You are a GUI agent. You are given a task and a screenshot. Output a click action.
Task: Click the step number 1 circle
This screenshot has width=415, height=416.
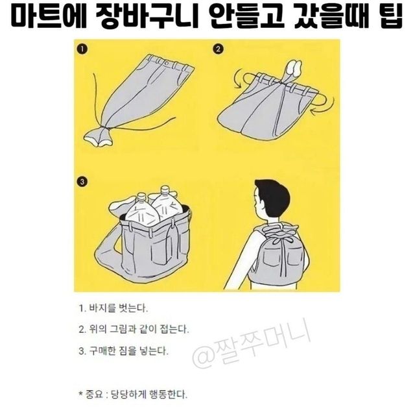82,49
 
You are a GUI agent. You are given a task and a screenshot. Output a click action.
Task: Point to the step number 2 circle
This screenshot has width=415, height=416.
218,49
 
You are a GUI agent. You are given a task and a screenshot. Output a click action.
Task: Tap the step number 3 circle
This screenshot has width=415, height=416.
82,182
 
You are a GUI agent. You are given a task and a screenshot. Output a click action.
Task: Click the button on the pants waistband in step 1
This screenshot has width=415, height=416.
167,64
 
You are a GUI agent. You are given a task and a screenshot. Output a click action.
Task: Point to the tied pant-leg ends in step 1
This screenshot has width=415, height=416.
98,138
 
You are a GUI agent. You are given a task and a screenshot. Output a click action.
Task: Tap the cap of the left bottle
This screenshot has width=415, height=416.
141,197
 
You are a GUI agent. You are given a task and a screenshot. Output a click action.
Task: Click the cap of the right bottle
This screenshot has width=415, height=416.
165,189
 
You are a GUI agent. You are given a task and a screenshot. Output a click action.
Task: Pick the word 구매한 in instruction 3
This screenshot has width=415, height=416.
102,351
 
